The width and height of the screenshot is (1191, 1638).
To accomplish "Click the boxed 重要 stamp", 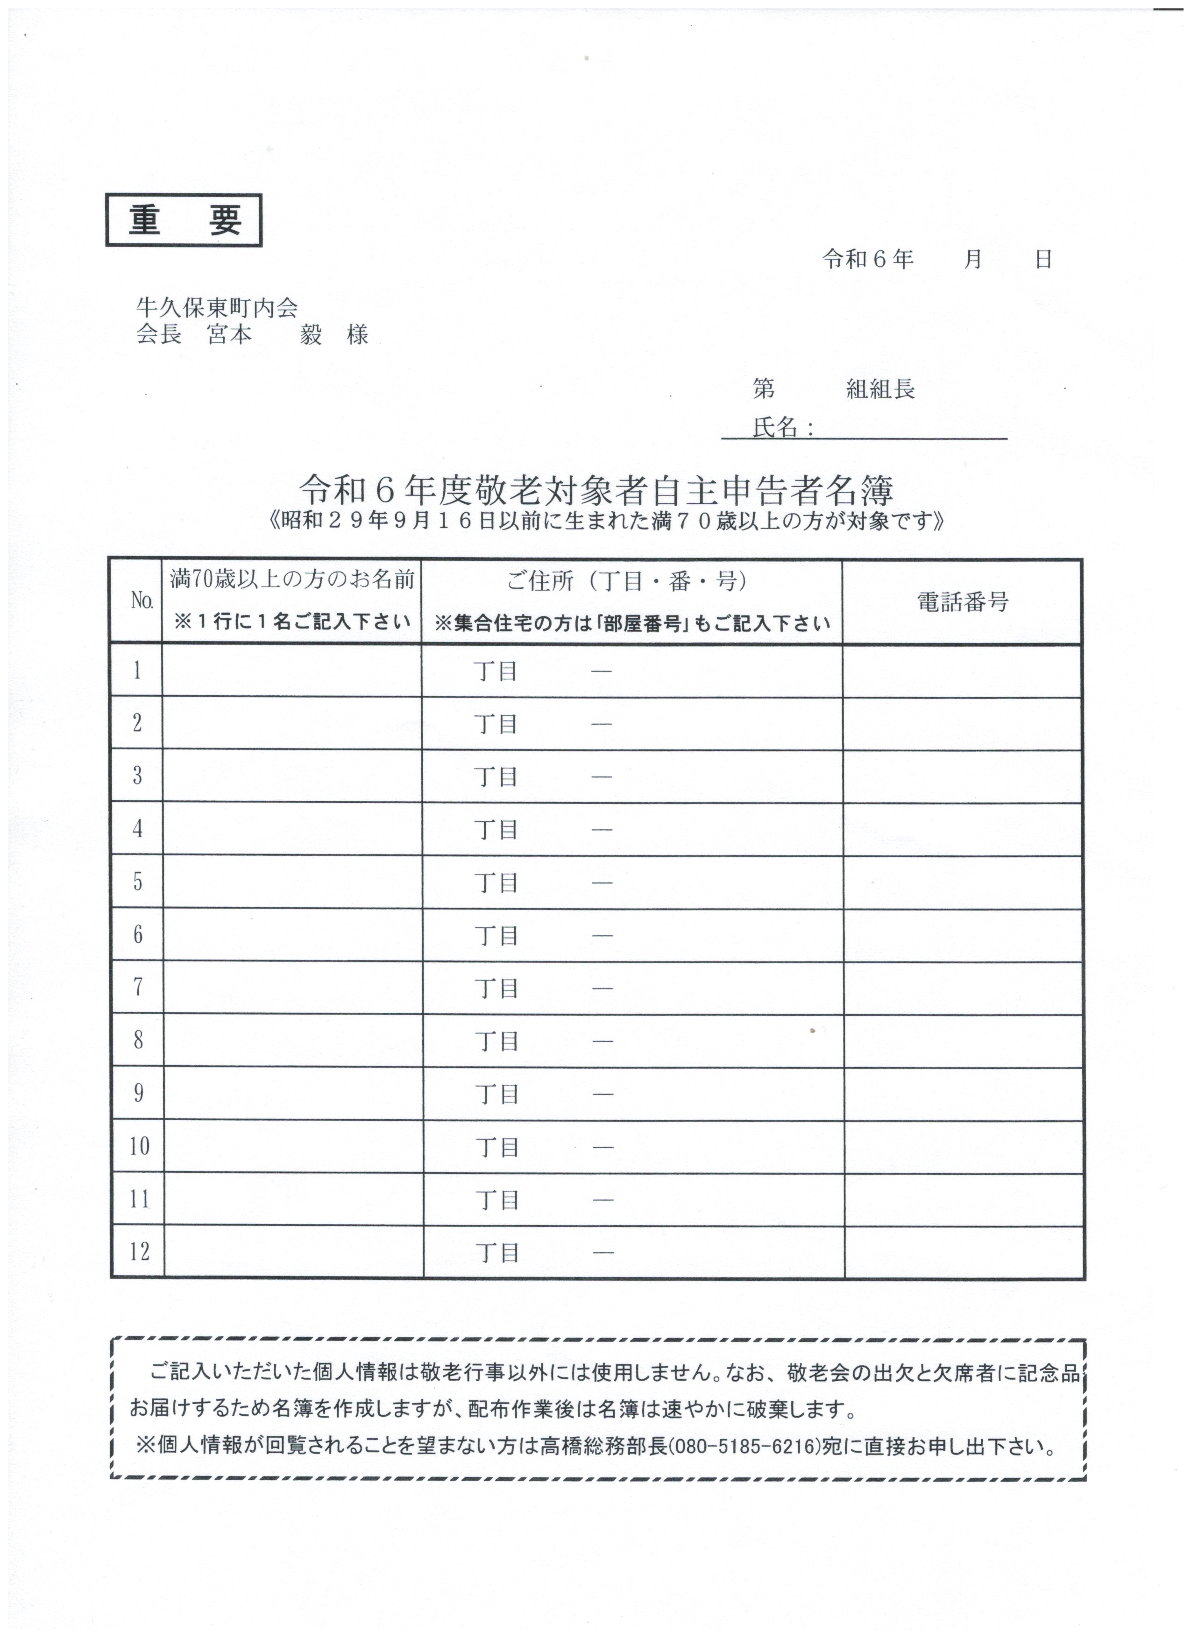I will (x=184, y=220).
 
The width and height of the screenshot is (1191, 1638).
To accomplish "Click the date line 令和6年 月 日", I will (x=937, y=259).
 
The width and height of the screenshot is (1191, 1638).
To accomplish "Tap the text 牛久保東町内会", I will (x=217, y=308).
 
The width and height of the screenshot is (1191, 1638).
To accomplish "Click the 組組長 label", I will (x=880, y=390).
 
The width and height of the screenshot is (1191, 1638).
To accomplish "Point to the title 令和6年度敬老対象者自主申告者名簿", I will (x=596, y=491).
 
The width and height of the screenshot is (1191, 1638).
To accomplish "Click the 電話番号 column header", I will (x=963, y=601).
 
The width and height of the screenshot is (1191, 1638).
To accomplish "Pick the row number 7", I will (x=137, y=987).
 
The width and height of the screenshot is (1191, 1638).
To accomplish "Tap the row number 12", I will (x=139, y=1251).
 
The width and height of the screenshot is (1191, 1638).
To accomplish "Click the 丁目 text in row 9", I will (x=497, y=1094).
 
